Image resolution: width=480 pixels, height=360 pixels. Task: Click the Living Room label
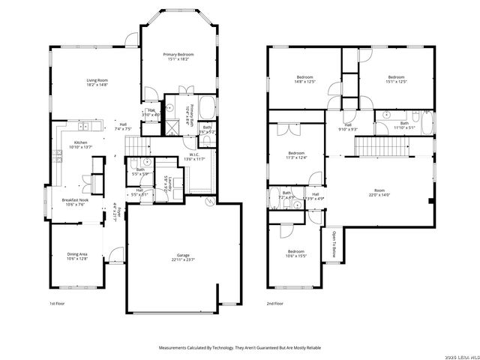[97, 82]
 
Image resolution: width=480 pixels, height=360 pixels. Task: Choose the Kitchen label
[80, 145]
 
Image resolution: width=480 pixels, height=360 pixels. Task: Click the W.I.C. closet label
[193, 157]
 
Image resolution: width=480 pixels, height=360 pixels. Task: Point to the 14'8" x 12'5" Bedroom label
[304, 79]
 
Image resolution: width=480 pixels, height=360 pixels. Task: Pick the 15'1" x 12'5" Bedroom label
[396, 79]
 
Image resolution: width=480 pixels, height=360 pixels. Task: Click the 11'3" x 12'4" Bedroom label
[296, 155]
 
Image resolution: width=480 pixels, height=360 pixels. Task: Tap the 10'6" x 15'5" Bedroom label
[295, 253]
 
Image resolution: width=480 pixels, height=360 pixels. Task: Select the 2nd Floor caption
[274, 304]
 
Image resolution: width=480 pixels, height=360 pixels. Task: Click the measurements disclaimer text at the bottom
[240, 348]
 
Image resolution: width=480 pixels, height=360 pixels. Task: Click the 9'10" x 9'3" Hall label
[349, 127]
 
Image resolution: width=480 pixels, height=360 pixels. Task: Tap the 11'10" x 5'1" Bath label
[404, 125]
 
